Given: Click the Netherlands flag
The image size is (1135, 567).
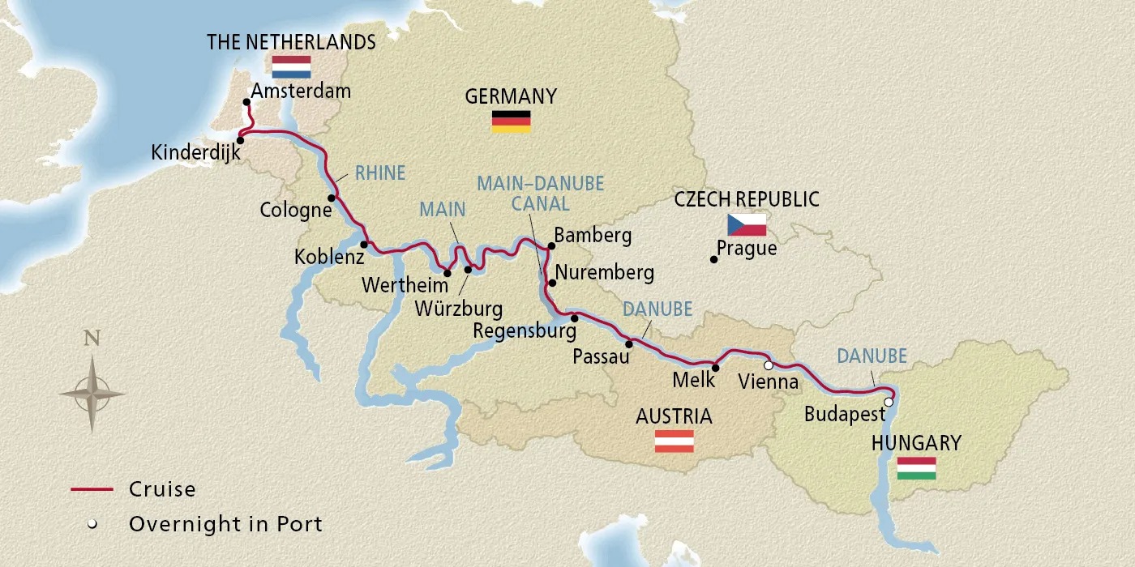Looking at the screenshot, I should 292,66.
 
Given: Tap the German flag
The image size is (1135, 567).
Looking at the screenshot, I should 511,122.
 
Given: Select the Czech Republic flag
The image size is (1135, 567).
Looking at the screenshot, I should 746,224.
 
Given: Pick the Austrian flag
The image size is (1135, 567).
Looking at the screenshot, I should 675,441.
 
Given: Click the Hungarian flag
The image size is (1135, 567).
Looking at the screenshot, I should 917,468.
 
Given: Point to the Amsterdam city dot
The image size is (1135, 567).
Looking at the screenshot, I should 246,102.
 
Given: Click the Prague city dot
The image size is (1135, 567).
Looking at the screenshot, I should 713,259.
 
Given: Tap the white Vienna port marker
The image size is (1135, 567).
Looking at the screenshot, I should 769,365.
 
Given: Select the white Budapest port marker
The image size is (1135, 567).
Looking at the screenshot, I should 889,402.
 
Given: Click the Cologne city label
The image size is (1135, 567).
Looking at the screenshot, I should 296,211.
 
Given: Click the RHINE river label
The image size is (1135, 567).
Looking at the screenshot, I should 379,173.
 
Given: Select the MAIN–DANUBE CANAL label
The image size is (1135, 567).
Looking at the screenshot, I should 540,193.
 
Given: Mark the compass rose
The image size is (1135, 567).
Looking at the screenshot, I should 92,394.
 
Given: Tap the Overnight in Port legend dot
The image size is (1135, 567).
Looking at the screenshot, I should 92,524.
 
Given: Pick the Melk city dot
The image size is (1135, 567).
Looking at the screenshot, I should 715,367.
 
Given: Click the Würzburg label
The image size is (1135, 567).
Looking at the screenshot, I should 458,309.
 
